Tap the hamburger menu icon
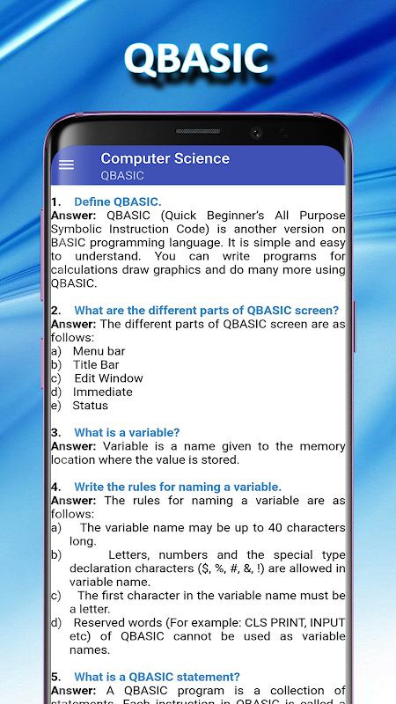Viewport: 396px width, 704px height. [66, 165]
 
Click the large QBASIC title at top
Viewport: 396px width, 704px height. [196, 59]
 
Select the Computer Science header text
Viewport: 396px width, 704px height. [165, 158]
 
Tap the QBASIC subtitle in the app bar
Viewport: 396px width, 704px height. [122, 175]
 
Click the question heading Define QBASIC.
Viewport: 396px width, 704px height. [118, 202]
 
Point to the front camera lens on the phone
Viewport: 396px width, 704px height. [256, 133]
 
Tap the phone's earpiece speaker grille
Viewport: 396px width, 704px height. [198, 131]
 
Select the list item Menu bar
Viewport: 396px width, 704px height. [99, 351]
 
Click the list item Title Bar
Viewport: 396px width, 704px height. [96, 364]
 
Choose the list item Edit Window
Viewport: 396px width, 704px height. [108, 378]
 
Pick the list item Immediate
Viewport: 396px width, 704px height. [102, 392]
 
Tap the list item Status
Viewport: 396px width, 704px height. [91, 405]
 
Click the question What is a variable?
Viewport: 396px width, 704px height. [127, 432]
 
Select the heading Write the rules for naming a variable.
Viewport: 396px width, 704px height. [178, 487]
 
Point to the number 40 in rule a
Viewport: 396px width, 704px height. [275, 527]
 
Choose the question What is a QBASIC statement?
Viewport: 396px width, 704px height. [158, 677]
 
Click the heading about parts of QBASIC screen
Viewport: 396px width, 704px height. [207, 311]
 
